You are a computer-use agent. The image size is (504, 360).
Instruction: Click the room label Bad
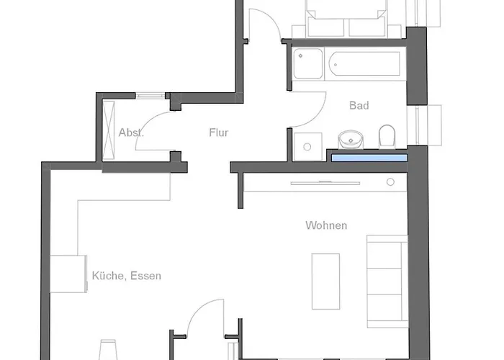[359, 106]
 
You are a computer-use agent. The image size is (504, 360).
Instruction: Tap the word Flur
[218, 132]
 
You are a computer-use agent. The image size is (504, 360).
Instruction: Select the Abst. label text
[131, 132]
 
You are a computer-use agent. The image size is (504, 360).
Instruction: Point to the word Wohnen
[326, 225]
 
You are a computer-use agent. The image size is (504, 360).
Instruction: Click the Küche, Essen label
[127, 276]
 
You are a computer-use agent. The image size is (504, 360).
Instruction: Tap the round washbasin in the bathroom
[351, 138]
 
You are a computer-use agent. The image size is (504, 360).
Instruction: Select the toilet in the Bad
[387, 135]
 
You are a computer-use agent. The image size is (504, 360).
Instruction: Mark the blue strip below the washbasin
[368, 156]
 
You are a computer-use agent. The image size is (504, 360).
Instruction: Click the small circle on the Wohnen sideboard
[391, 182]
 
